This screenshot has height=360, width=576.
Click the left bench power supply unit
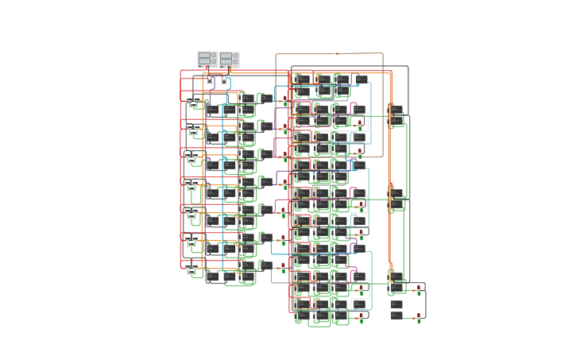[207, 59]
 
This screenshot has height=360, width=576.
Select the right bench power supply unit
[230, 59]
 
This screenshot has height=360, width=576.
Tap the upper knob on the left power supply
[214, 55]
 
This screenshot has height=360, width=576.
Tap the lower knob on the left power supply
[214, 61]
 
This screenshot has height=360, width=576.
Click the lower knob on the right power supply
[235, 61]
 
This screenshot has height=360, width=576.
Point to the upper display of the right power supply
[226, 55]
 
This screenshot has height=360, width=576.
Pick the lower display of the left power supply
[204, 61]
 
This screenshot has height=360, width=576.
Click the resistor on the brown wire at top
[338, 53]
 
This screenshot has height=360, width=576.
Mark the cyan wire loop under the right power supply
[226, 82]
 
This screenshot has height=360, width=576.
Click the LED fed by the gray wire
[283, 267]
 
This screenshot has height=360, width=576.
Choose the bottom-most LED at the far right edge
[419, 318]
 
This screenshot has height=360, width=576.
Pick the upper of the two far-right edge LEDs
[419, 292]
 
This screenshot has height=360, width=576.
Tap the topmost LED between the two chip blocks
[284, 101]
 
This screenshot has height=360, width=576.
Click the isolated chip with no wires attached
[396, 304]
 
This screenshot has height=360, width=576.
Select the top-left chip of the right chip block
[302, 79]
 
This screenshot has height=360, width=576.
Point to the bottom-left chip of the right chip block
[302, 316]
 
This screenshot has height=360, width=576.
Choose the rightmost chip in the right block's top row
[361, 79]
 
